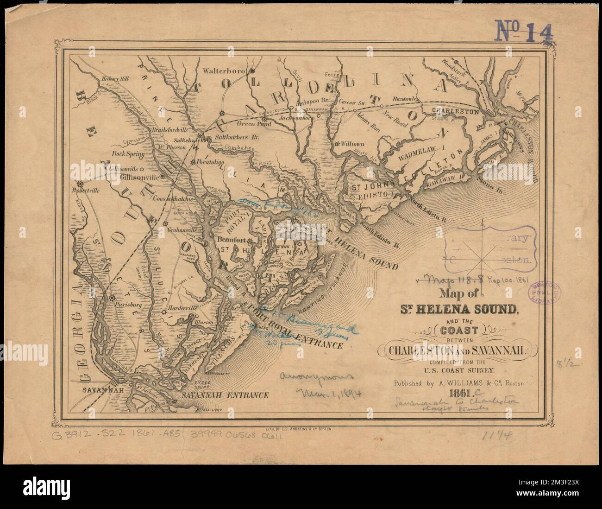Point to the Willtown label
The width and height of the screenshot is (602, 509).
(357, 144)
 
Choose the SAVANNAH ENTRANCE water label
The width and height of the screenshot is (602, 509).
(225, 395)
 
